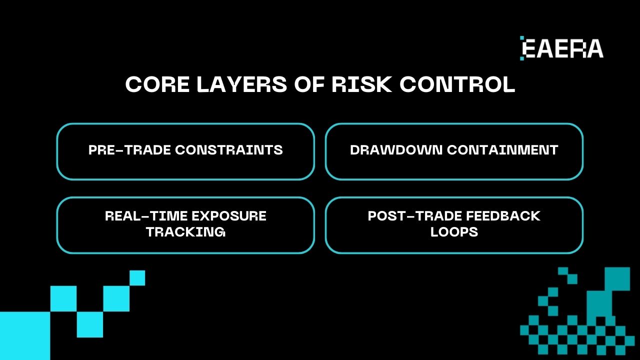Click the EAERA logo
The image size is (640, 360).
click(562, 48)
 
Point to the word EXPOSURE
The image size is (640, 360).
click(229, 216)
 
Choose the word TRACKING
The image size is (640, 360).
click(185, 232)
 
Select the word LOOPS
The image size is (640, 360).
click(454, 232)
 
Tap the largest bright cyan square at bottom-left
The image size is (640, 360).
click(24, 336)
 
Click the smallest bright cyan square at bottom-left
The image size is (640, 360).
click(137, 278)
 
